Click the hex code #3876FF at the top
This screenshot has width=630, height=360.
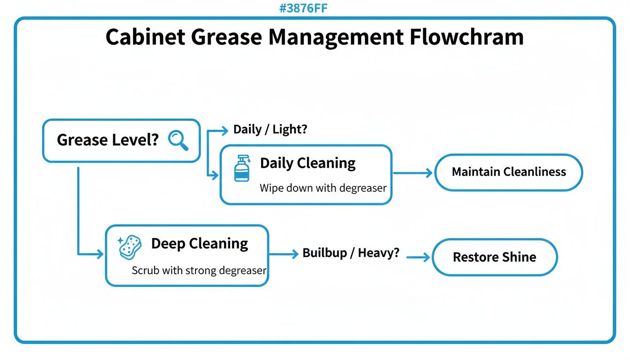[x=303, y=8]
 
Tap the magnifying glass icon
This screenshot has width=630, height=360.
[x=178, y=140]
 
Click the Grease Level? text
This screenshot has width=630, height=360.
[x=108, y=140]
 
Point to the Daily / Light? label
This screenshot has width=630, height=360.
[x=270, y=129]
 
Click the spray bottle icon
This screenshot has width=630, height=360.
[x=242, y=169]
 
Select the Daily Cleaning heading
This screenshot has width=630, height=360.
[x=308, y=163]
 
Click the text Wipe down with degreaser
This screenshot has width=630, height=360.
[x=323, y=188]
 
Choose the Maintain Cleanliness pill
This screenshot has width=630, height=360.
[x=509, y=172]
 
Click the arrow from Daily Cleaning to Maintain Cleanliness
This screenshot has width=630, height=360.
[x=412, y=173]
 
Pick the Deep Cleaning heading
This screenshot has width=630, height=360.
[x=200, y=244]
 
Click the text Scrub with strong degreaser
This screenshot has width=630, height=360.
[x=199, y=270]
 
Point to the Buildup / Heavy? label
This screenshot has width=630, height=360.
[x=351, y=253]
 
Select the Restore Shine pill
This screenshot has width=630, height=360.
[x=495, y=257]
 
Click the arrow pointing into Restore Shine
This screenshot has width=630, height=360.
[x=418, y=257]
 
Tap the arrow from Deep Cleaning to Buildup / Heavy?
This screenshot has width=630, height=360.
[x=284, y=254]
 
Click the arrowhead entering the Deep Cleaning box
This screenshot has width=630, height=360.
[x=99, y=255]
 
